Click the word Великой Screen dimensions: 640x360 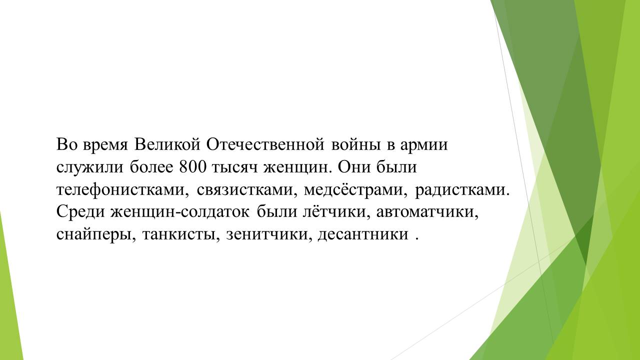pos(167,144)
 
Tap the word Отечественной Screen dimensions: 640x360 pos(265,144)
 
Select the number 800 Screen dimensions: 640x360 pos(192,167)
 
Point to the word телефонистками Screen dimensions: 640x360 pos(122,189)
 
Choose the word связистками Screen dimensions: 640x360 pos(247,190)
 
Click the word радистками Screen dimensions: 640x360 pos(462,190)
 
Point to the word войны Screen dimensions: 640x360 pos(356,145)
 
